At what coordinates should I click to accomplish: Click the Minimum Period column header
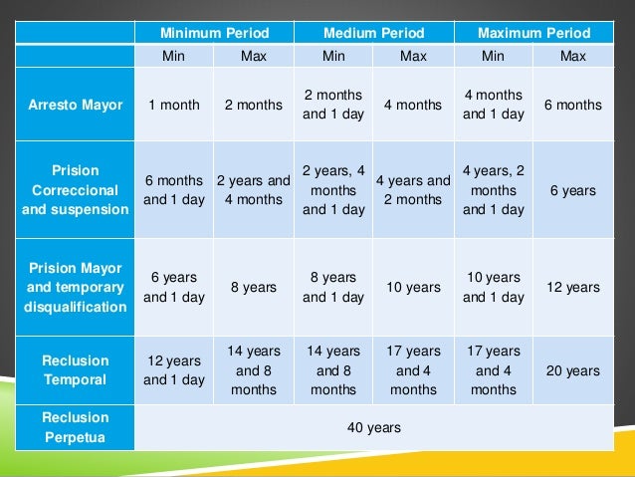pos(214,33)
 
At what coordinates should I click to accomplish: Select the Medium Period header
pos(373,33)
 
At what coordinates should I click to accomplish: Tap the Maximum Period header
pos(533,33)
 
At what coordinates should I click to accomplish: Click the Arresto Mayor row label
pos(75,105)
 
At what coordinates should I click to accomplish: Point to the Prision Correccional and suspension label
pos(75,189)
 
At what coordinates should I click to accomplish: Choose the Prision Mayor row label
pos(75,287)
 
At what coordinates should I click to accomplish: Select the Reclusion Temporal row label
pos(75,370)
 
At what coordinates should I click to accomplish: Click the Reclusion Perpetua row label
pos(75,427)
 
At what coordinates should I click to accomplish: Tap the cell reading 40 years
pos(373,427)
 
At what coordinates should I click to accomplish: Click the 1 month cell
pos(174,105)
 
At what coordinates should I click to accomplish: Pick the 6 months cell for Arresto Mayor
pos(573,105)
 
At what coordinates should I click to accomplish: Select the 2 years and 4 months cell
pos(254,189)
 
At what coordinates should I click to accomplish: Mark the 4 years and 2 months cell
pos(413,189)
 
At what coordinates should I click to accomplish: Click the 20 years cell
pos(573,370)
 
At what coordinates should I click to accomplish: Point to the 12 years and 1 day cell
pos(174,370)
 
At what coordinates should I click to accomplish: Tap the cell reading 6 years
pos(573,189)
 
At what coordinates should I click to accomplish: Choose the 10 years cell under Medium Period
pos(413,287)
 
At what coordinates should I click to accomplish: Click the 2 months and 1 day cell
pos(333,105)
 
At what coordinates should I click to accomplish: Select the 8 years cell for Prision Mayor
pos(254,287)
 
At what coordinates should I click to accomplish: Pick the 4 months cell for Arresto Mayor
pos(413,105)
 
